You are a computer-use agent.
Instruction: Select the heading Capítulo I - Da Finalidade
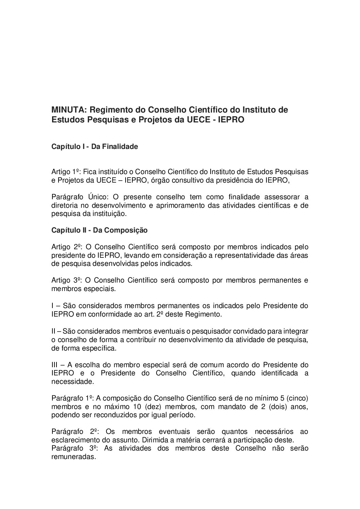95,147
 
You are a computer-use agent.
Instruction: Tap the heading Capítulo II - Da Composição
99,230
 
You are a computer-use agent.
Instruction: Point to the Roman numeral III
55,365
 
